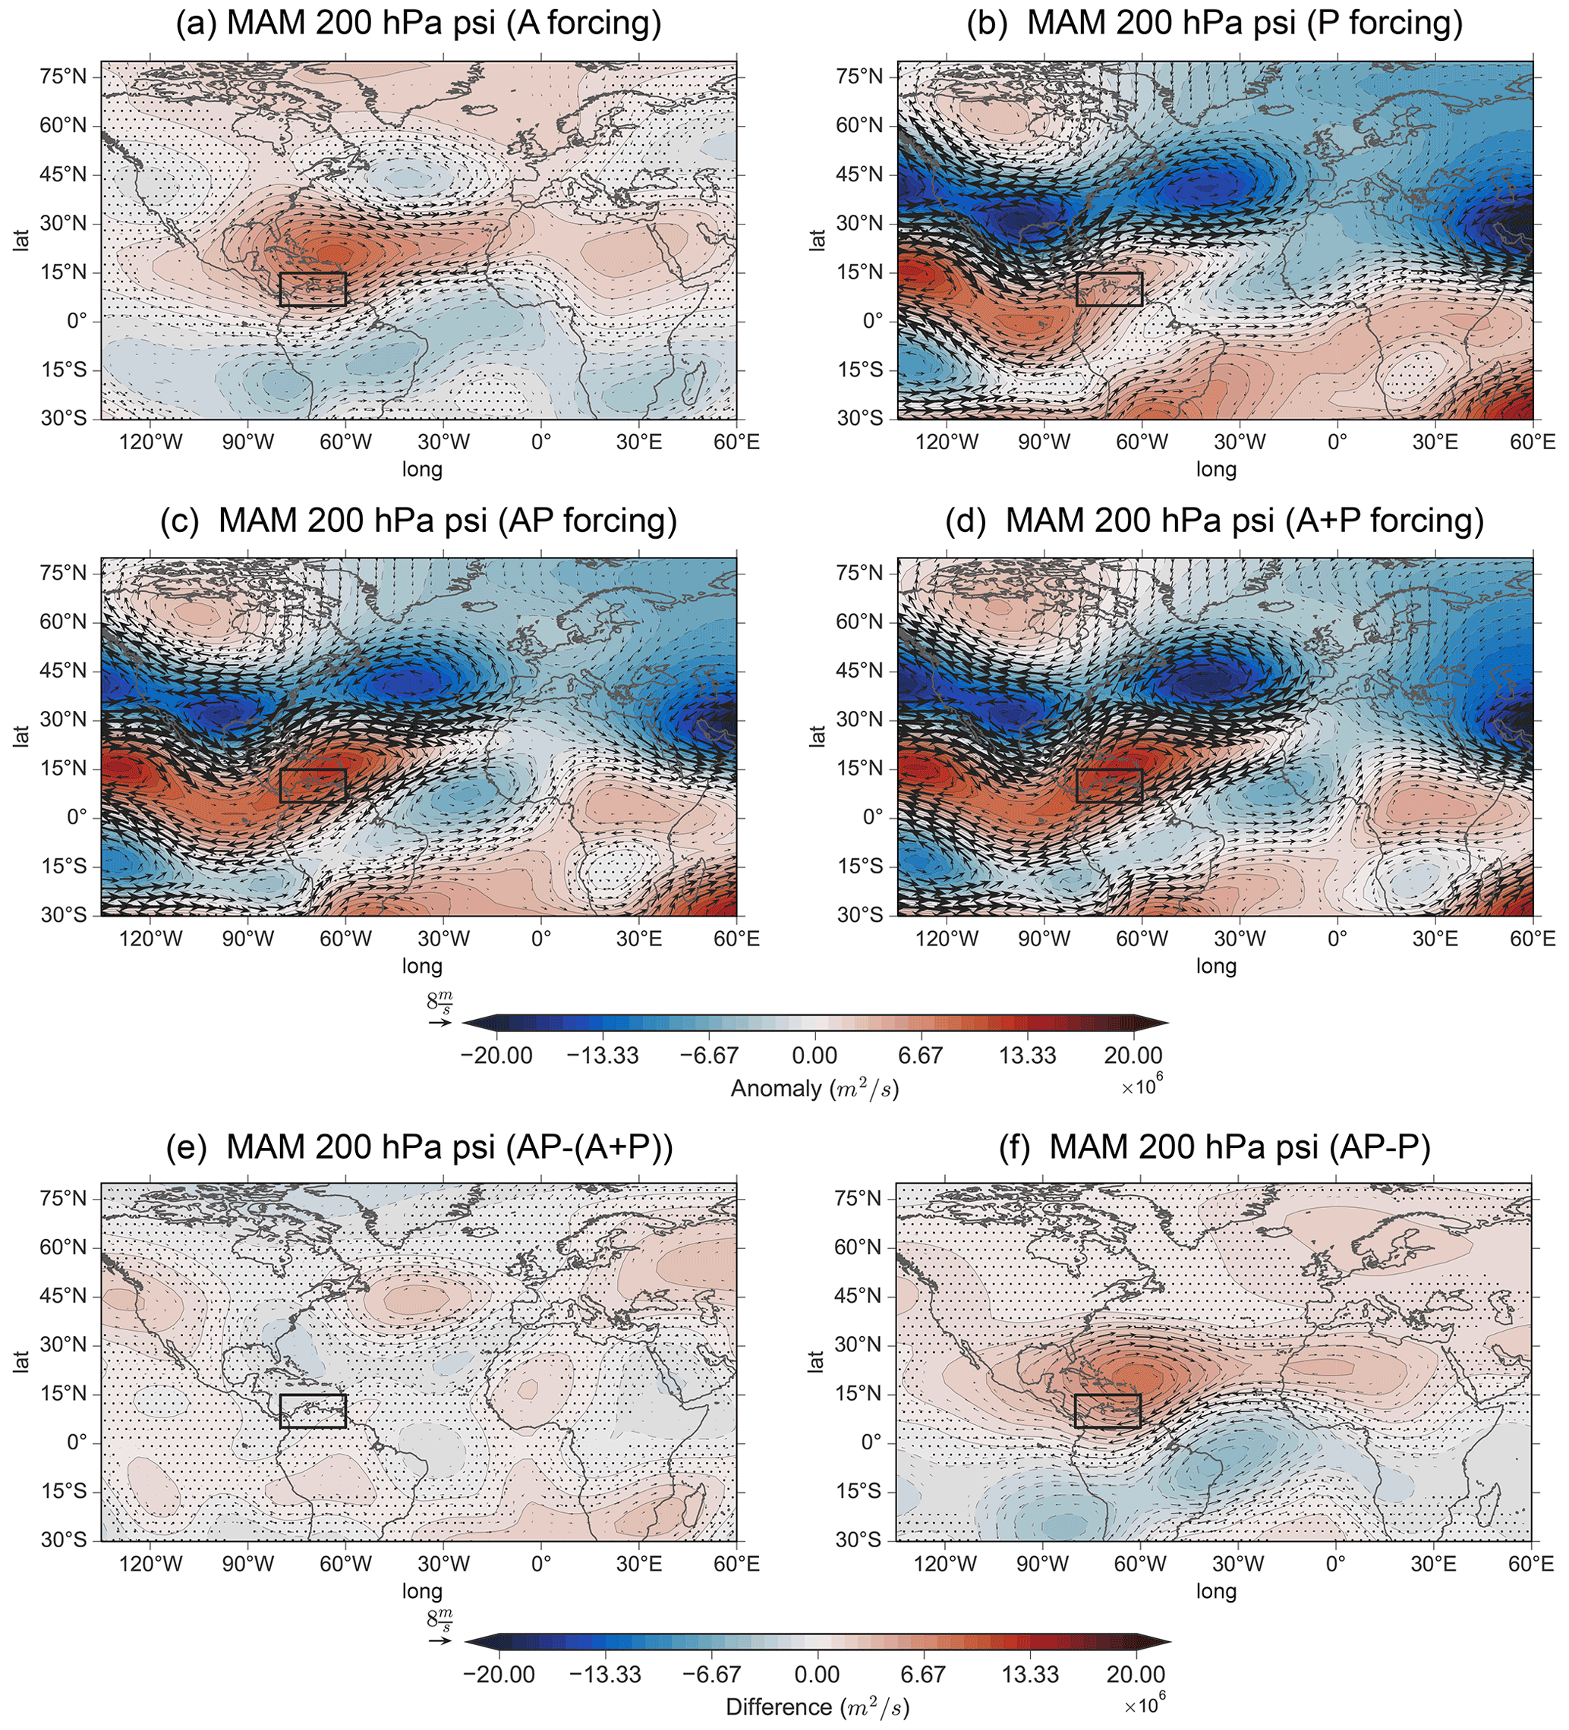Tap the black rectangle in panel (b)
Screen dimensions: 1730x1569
coord(1109,289)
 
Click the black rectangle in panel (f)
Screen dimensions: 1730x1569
coord(1107,1411)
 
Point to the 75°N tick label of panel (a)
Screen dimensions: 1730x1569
coord(64,77)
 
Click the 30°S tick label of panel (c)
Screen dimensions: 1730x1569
coord(64,916)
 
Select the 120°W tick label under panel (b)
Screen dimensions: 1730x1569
coord(947,443)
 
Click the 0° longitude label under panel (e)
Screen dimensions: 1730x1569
coord(540,1565)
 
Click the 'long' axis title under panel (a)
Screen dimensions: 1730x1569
coord(422,470)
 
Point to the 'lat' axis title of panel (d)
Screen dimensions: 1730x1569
coord(817,736)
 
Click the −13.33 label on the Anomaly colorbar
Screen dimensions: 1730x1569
coord(603,1055)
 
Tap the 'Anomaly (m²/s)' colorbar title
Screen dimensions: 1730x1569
coord(814,1089)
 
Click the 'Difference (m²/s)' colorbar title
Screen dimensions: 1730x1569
coord(817,1706)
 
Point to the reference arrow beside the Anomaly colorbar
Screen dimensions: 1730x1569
coord(440,1023)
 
